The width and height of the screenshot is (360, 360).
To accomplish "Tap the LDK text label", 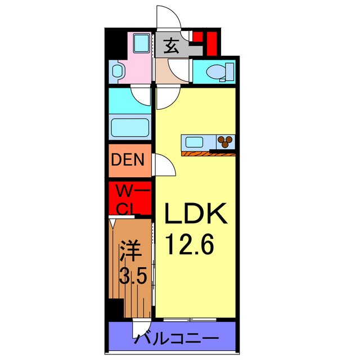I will pos(195,214).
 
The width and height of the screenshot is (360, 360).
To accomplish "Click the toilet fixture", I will pos(217,72).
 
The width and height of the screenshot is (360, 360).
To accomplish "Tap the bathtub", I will pos(130,128).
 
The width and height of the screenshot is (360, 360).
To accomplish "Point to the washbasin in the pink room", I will pos(117,71).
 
